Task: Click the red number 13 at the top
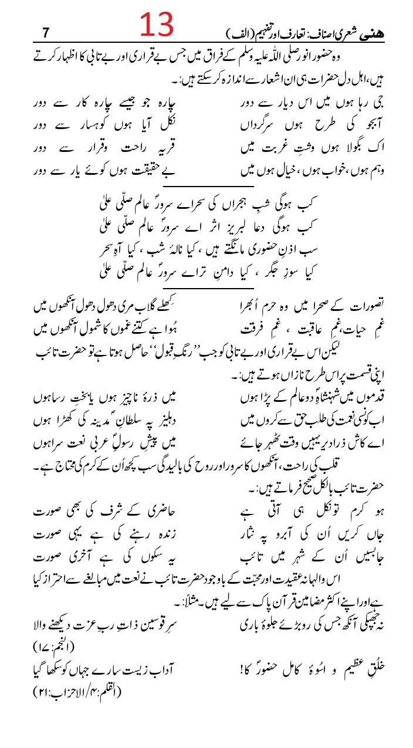157,25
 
